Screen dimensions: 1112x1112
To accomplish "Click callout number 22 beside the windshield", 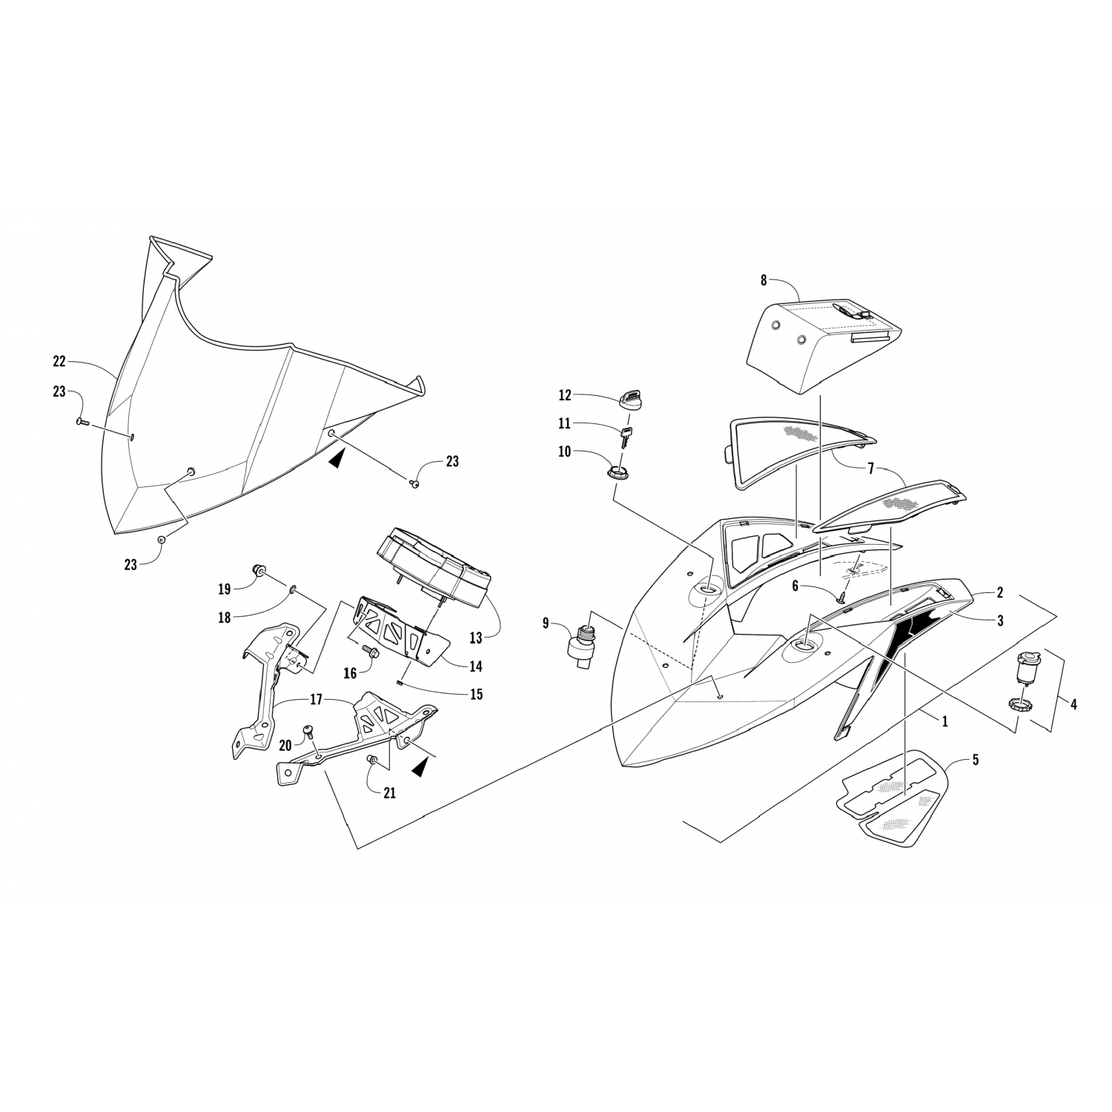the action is [x=59, y=362].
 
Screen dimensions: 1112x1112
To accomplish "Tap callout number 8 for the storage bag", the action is [x=764, y=281].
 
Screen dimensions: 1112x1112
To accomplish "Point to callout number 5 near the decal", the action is [x=976, y=759].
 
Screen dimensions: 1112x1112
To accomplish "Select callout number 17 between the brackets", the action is [x=315, y=698].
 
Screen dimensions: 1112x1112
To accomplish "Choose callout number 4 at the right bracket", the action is [x=1073, y=704].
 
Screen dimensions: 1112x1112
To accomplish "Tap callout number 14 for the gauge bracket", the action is [x=475, y=666].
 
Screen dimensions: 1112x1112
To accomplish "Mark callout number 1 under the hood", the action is [x=944, y=720].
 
